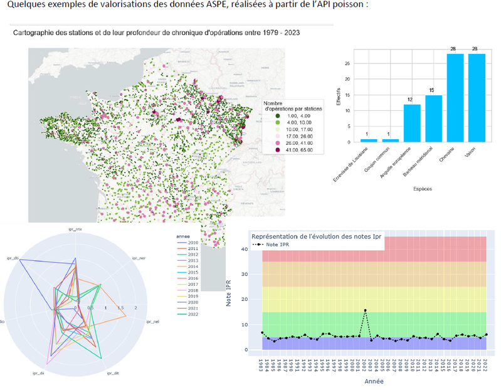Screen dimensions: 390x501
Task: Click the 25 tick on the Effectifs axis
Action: click(x=348, y=63)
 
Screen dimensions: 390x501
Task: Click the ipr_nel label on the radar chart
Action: click(x=152, y=322)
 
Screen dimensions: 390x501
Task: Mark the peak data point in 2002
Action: click(x=365, y=310)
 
